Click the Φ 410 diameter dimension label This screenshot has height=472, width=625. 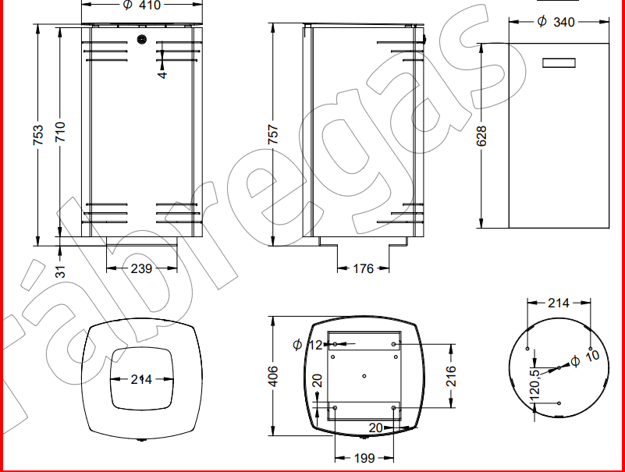141,6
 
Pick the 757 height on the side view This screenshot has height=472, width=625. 272,136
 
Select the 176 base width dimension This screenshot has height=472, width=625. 364,268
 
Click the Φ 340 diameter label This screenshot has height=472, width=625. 556,22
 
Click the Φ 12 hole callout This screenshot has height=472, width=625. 308,344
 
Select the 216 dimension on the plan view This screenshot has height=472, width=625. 450,374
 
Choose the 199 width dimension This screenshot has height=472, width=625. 364,458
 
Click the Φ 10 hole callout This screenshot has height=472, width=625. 586,360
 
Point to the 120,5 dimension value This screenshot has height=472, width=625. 535,384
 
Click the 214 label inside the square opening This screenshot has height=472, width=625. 141,379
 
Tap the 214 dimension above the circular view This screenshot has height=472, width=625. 559,303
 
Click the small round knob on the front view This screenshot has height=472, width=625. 141,39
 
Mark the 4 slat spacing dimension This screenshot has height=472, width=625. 162,75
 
